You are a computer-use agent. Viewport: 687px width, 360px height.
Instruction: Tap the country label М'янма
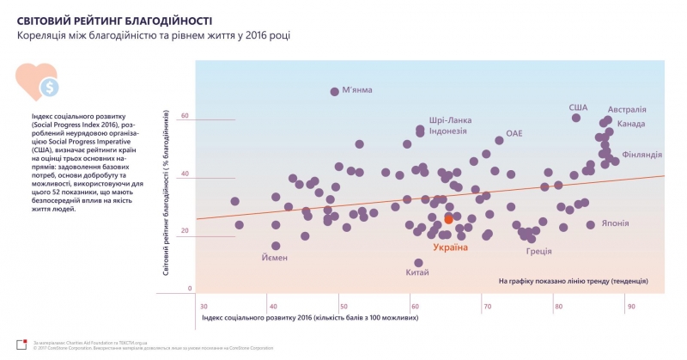point(359,90)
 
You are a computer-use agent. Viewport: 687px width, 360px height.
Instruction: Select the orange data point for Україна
point(448,220)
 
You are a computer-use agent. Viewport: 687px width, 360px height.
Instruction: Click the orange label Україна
point(451,247)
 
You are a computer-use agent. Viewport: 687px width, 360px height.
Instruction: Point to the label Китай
point(417,272)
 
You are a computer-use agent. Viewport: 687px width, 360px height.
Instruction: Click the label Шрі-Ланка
point(448,120)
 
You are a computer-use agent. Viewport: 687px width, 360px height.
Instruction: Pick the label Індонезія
point(447,131)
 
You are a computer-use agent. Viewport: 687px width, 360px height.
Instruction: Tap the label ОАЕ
point(514,134)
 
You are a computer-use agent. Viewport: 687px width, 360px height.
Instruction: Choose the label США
point(578,107)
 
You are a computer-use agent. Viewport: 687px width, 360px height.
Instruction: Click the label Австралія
point(627,110)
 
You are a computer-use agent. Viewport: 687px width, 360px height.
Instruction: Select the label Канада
point(631,125)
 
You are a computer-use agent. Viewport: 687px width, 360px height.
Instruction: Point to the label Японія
point(615,223)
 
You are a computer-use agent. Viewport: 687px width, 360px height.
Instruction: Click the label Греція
point(538,252)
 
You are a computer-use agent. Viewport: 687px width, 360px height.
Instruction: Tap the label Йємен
point(275,258)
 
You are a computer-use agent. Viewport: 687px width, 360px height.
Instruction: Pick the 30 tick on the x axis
point(204,306)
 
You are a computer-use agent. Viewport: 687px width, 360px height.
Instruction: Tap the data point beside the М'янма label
point(335,91)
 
